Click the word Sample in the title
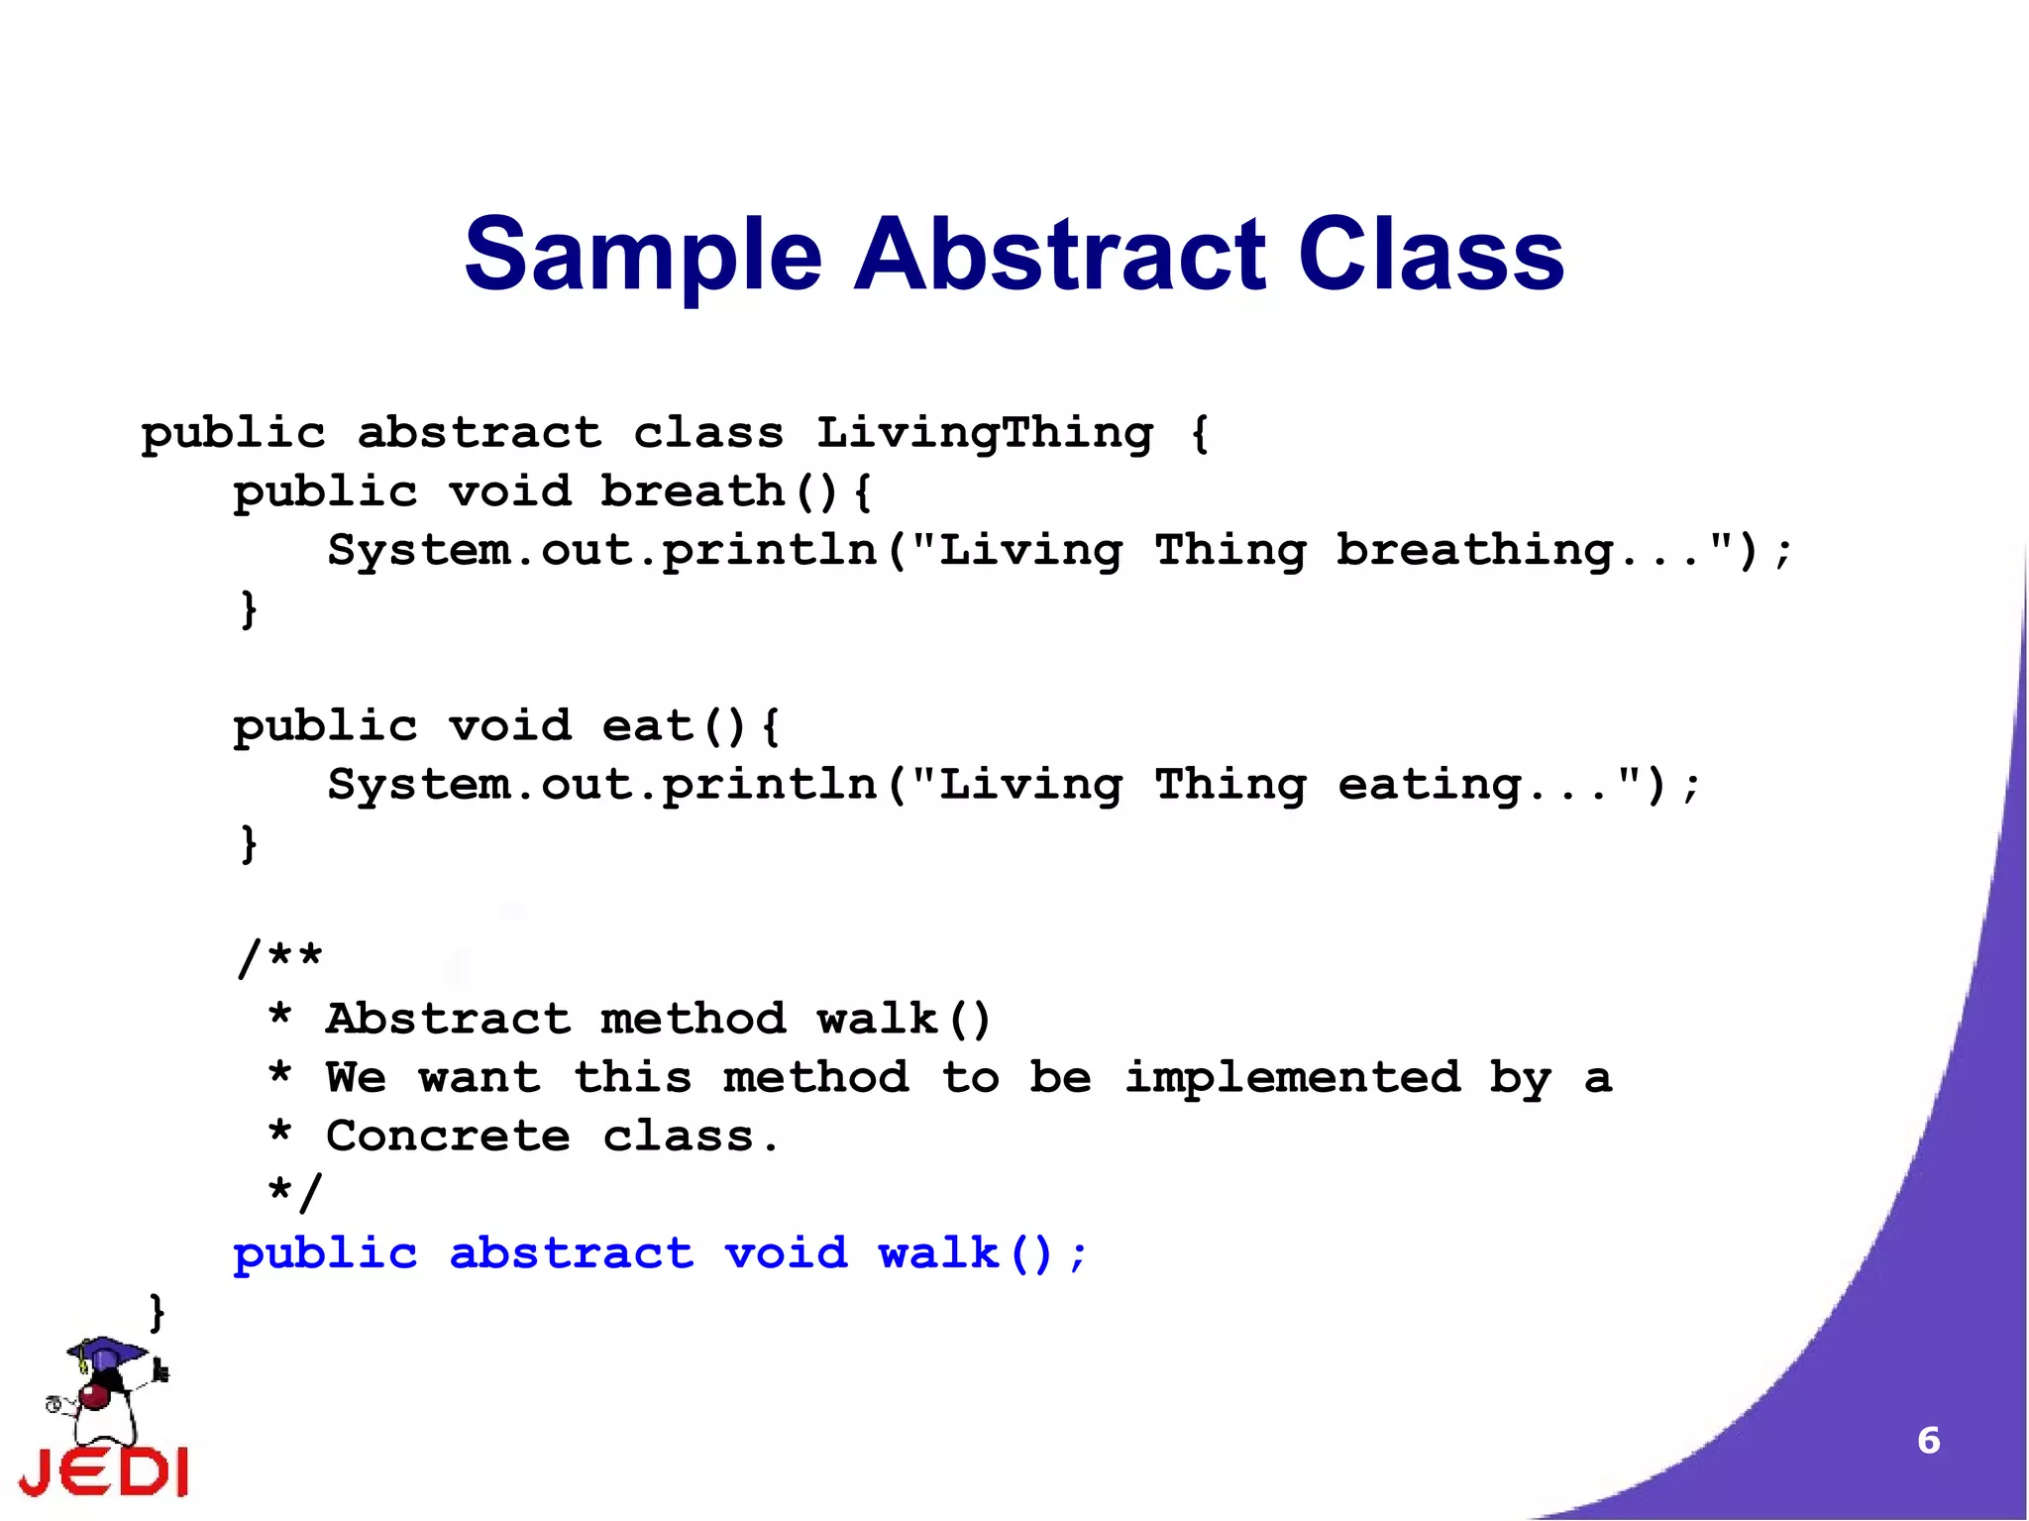click(x=643, y=257)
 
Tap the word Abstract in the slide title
click(x=1059, y=255)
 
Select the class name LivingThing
click(x=985, y=433)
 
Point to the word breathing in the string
click(x=1475, y=551)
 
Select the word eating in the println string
click(x=1430, y=786)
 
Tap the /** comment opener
click(x=280, y=958)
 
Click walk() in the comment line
click(x=904, y=1019)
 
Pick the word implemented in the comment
click(x=1292, y=1078)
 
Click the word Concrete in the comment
click(x=448, y=1137)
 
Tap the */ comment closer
click(x=295, y=1192)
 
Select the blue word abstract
click(x=572, y=1253)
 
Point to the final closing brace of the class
click(x=157, y=1312)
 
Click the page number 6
click(x=1928, y=1440)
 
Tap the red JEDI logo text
click(x=104, y=1471)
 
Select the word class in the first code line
click(x=708, y=433)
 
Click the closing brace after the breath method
click(x=249, y=608)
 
